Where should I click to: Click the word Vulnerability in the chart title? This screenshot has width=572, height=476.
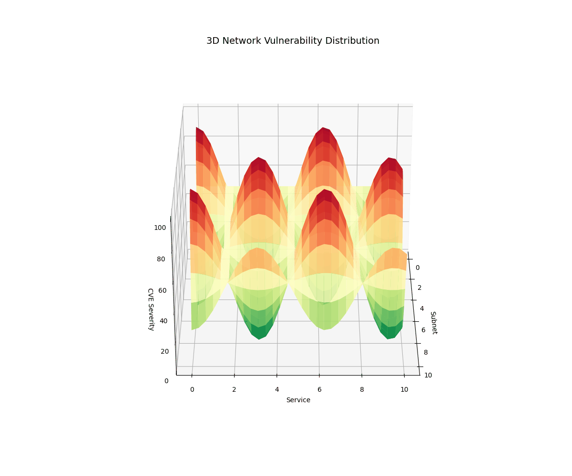(x=292, y=41)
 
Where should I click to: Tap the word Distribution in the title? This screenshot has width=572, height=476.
(x=352, y=41)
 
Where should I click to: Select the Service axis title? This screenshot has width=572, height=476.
(x=298, y=400)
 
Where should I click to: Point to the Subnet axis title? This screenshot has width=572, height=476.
(x=433, y=323)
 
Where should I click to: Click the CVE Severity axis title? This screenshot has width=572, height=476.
(x=150, y=309)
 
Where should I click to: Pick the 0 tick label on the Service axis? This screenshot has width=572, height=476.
(x=192, y=390)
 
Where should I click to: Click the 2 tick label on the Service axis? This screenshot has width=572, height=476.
(x=234, y=390)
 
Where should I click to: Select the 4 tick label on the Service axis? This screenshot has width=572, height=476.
(x=277, y=390)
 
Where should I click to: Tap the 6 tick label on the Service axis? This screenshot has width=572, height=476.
(x=319, y=390)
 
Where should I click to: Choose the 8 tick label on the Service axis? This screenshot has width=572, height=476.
(x=362, y=390)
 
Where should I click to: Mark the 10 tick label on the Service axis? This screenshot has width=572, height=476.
(x=404, y=390)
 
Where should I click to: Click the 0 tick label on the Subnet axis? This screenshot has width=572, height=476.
(x=418, y=268)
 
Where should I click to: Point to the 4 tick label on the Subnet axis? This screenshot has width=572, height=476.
(x=422, y=308)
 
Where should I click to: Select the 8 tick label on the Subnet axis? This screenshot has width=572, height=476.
(x=426, y=352)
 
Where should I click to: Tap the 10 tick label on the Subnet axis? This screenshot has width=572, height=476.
(x=428, y=375)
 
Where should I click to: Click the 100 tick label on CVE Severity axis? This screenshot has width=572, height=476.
(x=160, y=228)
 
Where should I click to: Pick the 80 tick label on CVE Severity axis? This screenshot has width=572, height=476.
(x=163, y=259)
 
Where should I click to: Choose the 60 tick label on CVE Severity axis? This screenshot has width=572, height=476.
(x=163, y=290)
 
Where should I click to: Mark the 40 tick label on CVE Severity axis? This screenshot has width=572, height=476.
(x=163, y=321)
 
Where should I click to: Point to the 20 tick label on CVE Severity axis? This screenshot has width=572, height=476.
(x=165, y=352)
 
